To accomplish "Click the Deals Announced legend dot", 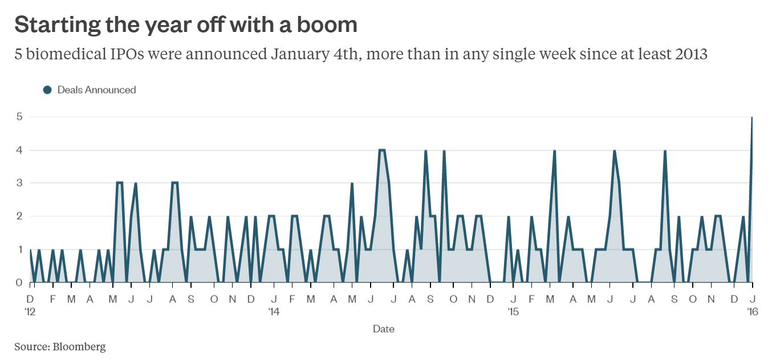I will click(47, 90).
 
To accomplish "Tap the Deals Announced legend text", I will click(96, 90).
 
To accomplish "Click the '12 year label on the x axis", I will click(31, 312).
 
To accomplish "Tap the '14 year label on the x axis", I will click(274, 312).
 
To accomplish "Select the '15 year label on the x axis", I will click(513, 312).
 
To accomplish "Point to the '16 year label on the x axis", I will click(753, 312).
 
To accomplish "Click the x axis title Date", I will click(383, 329).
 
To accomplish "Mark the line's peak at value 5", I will click(752, 118).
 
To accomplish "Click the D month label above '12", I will click(30, 299).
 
